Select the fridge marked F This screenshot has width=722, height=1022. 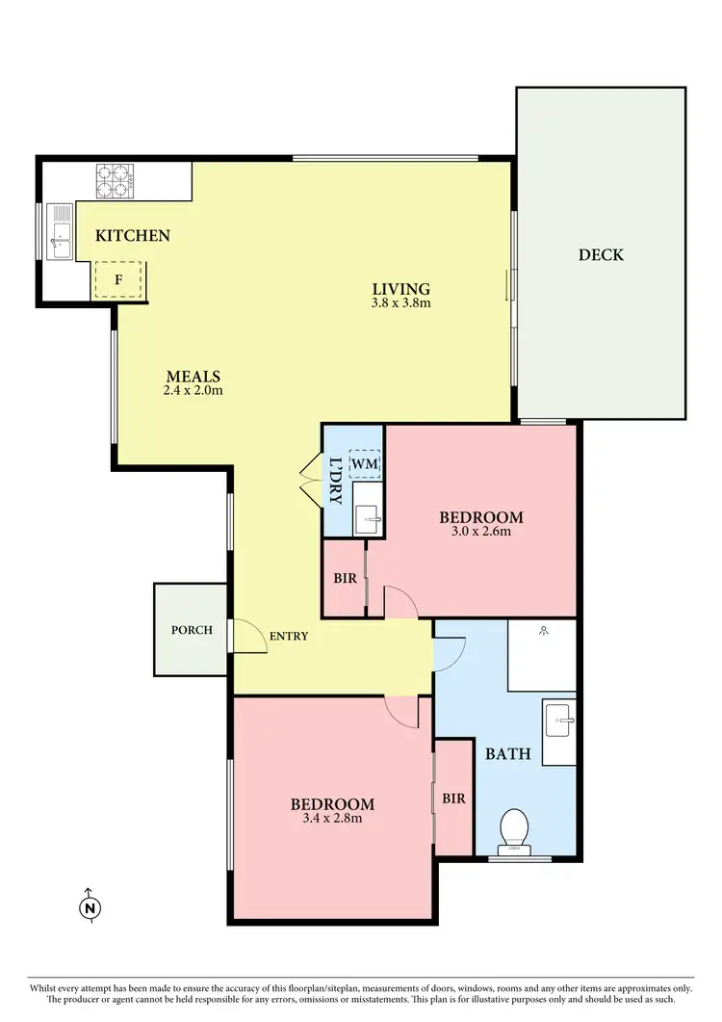pyautogui.click(x=118, y=279)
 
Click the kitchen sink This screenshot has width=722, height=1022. pyautogui.click(x=62, y=232)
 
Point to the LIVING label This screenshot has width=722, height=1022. pyautogui.click(x=400, y=288)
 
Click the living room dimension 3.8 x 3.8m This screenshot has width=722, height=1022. pyautogui.click(x=400, y=302)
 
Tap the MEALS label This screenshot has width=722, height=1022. pyautogui.click(x=193, y=376)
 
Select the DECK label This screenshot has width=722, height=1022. pyautogui.click(x=601, y=254)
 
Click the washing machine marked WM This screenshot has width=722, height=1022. pyautogui.click(x=365, y=465)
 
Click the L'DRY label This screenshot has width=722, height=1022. pyautogui.click(x=335, y=481)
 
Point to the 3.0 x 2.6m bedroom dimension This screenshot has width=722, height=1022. pyautogui.click(x=481, y=531)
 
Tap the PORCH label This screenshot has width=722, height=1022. pyautogui.click(x=192, y=630)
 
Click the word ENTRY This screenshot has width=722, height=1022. pyautogui.click(x=289, y=636)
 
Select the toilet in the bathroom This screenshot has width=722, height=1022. pyautogui.click(x=515, y=829)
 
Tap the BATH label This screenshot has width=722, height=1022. pyautogui.click(x=507, y=753)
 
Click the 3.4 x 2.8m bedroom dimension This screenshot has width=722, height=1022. pyautogui.click(x=332, y=819)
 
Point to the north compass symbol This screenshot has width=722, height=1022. pyautogui.click(x=90, y=906)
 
